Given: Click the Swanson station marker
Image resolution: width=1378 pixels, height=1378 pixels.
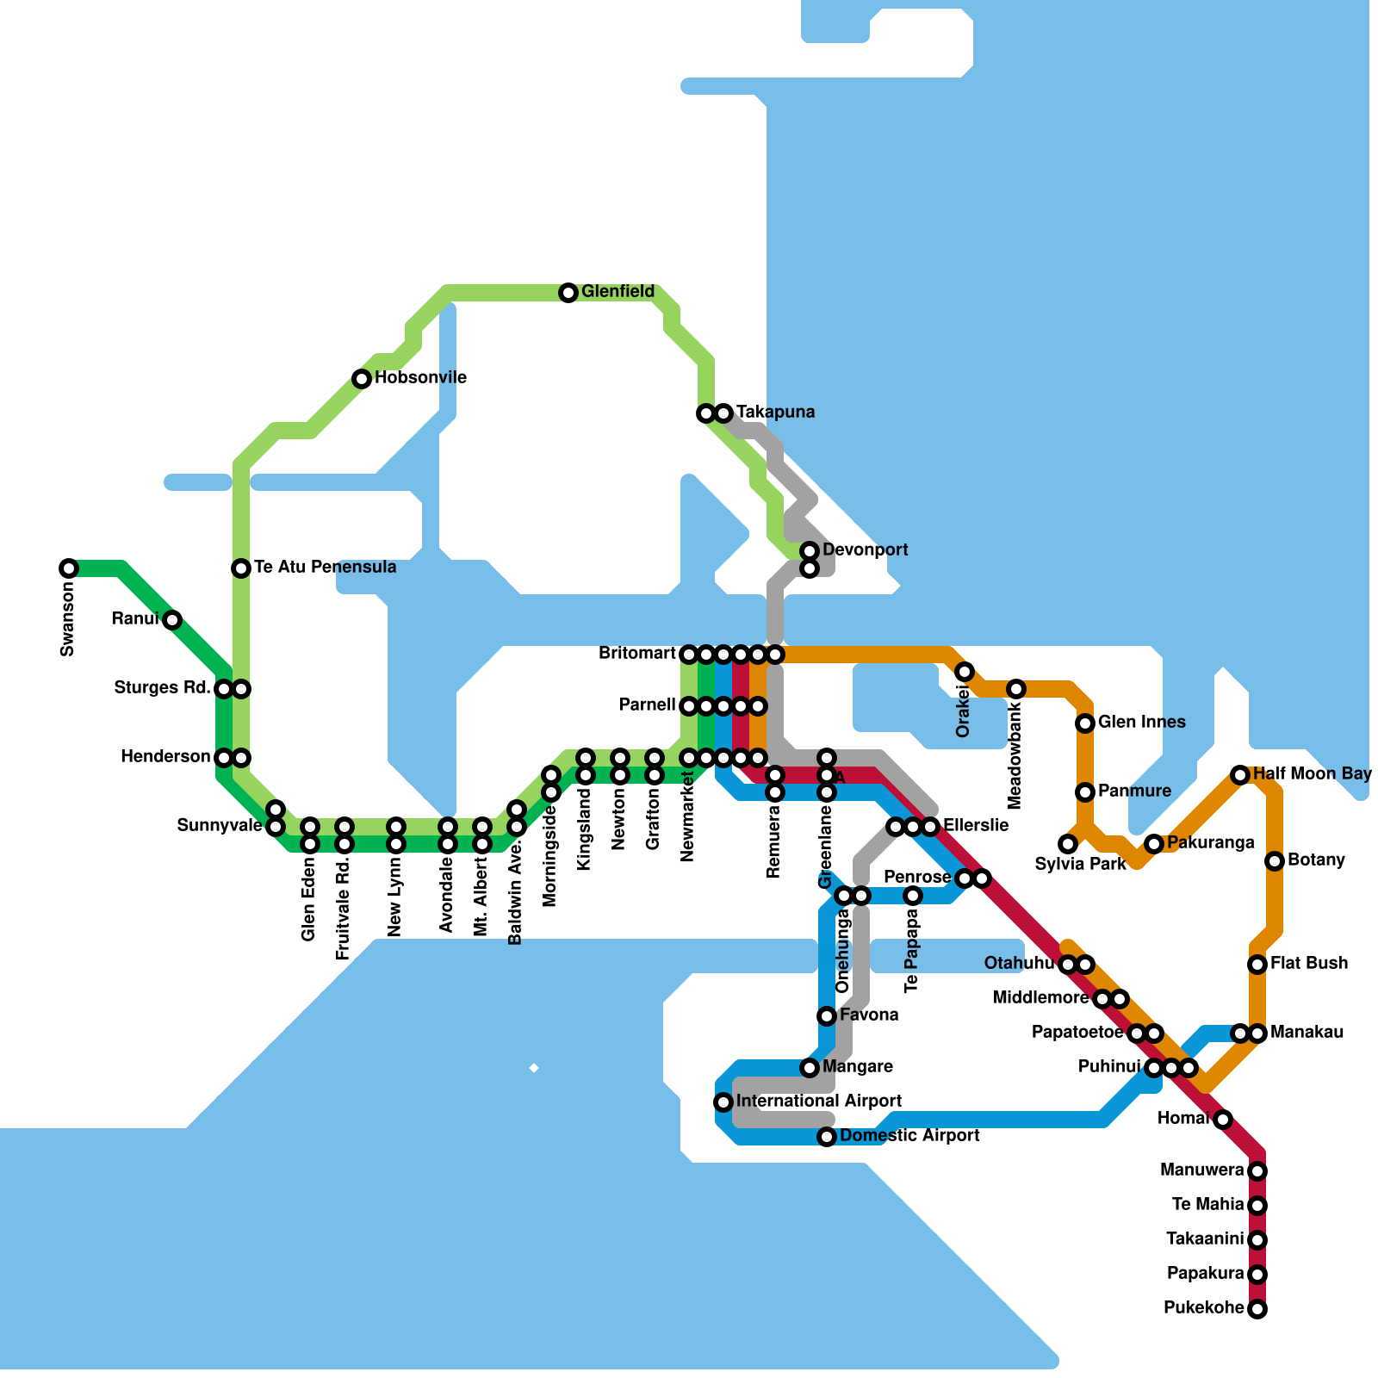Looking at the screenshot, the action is [69, 568].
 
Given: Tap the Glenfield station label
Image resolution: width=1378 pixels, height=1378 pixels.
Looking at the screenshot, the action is [618, 292].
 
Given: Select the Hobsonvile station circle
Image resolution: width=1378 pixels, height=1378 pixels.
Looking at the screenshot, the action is [362, 379].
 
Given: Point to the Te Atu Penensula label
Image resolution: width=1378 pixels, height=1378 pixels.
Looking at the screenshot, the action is [325, 568].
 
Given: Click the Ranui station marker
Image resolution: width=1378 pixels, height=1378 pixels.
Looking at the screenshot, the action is [172, 620].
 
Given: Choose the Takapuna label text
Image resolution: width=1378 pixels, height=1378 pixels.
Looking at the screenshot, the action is [775, 413].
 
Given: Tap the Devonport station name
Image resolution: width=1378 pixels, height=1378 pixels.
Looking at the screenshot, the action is [865, 550].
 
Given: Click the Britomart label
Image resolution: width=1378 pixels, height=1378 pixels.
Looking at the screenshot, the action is [637, 654].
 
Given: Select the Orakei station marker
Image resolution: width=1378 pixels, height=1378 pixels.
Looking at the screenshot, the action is [965, 672].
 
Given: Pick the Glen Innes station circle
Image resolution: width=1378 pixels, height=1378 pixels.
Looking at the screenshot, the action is [1085, 723].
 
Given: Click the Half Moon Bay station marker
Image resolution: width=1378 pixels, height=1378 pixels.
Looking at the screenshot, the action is [1240, 775].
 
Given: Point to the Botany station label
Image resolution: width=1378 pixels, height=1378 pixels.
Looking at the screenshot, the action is [1316, 860].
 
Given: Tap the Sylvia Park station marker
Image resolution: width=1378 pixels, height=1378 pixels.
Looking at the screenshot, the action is [1068, 844].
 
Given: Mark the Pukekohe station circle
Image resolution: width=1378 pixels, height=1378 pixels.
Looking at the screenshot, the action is [1257, 1309].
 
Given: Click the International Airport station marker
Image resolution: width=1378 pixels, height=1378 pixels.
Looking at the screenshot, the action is [723, 1102].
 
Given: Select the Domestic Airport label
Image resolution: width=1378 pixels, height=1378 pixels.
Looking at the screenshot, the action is [909, 1136].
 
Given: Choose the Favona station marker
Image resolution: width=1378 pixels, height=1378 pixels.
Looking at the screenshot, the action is [827, 1016].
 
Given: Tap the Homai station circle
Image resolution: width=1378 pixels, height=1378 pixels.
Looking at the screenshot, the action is [1223, 1120].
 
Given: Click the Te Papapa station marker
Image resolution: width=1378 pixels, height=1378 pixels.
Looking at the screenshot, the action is [913, 896].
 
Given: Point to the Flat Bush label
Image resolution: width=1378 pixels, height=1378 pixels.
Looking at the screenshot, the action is [1309, 964].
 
